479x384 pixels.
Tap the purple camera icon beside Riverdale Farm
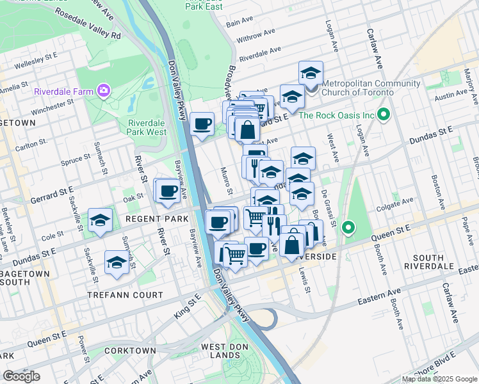(102, 90)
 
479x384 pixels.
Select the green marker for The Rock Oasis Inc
(384, 115)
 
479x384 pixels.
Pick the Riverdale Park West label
(147, 127)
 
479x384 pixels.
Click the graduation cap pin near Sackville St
(101, 221)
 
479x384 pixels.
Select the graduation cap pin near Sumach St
(117, 262)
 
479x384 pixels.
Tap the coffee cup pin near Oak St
(168, 191)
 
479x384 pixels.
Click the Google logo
(21, 376)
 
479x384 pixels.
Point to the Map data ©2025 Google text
(439, 378)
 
